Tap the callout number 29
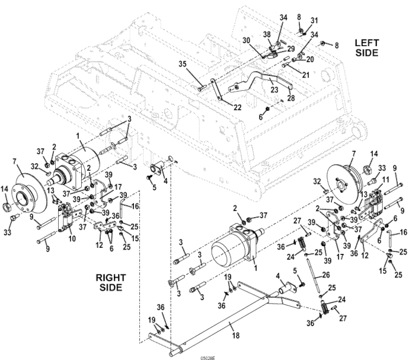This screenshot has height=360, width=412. coord(291,48)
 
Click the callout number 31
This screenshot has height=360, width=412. coord(314,21)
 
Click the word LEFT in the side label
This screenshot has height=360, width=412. coord(365,42)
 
